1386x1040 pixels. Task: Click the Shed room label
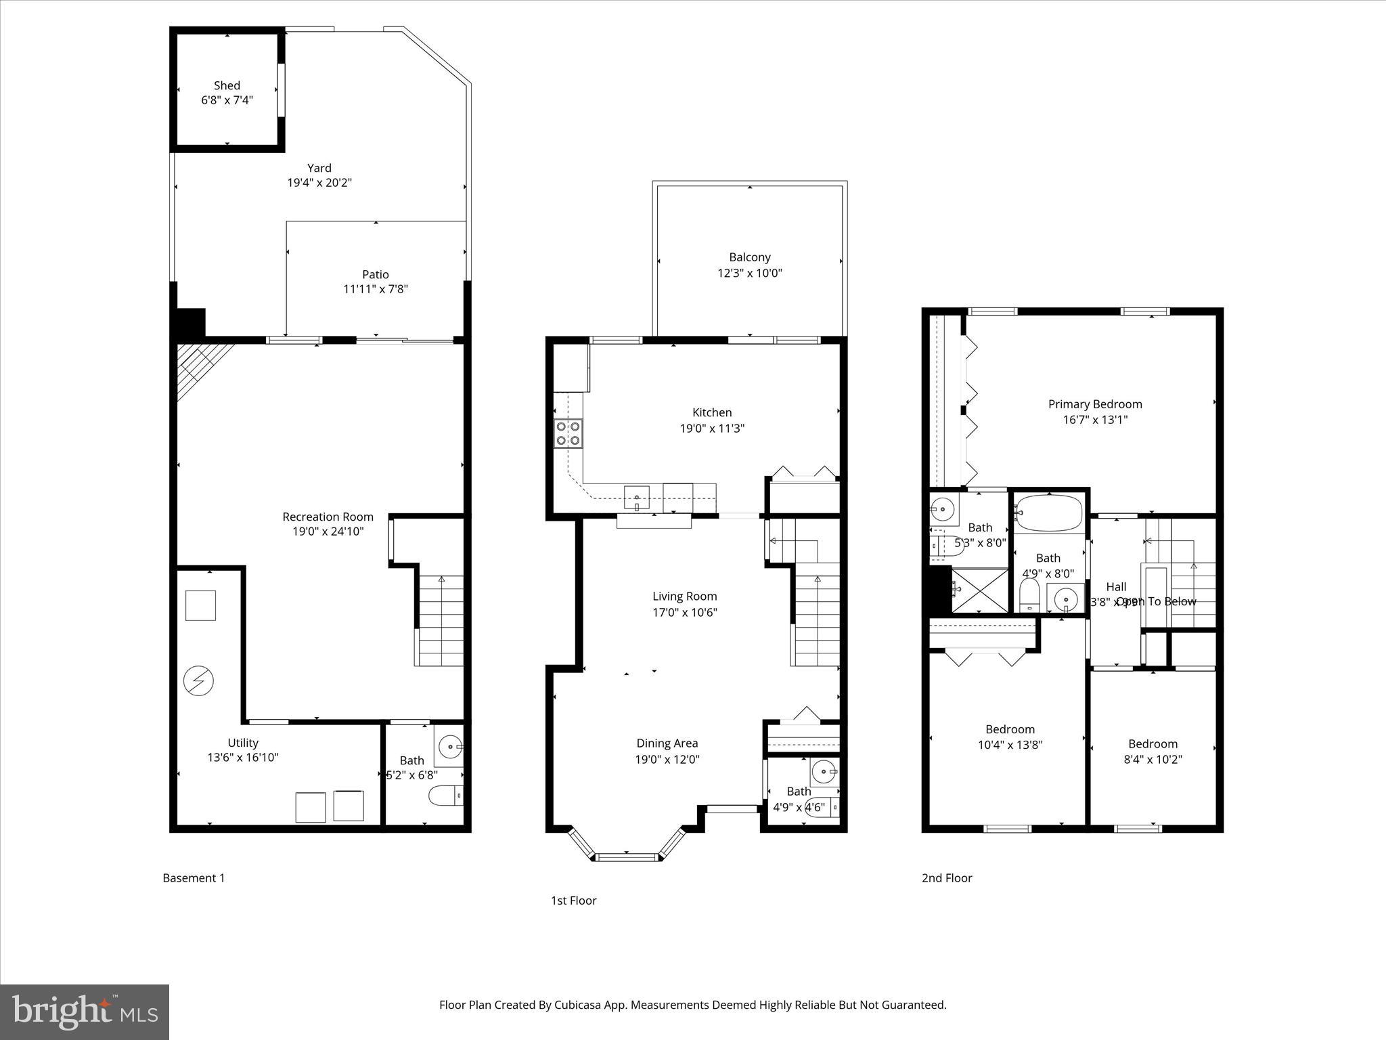[x=227, y=85]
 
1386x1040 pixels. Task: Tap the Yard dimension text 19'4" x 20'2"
[x=319, y=183]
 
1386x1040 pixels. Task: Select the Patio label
[x=375, y=274]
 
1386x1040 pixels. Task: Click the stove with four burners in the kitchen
[x=568, y=433]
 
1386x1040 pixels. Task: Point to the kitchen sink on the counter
[x=636, y=497]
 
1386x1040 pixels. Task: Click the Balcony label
[x=749, y=257]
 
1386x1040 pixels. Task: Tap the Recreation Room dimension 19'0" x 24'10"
[x=328, y=532]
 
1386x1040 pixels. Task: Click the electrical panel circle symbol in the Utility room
[x=199, y=681]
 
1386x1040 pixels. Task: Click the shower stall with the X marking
[x=979, y=590]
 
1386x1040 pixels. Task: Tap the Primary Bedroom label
[x=1094, y=404]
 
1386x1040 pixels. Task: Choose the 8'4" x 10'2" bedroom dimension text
[x=1152, y=759]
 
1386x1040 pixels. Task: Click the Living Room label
[x=684, y=597]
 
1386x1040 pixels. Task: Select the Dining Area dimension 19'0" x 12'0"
[x=667, y=759]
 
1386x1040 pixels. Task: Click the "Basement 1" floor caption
[x=194, y=878]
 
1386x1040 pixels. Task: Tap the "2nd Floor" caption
[x=946, y=878]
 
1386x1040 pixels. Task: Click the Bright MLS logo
[x=85, y=1012]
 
